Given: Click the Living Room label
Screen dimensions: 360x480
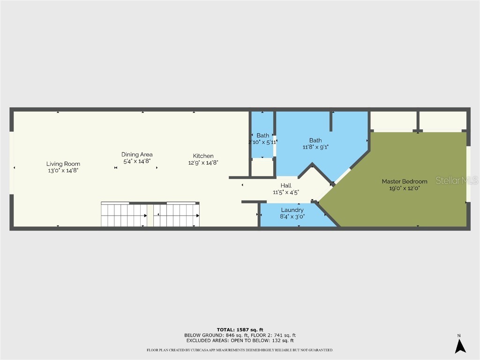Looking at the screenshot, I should tap(63, 164).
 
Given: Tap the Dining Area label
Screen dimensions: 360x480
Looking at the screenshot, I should tap(137, 154).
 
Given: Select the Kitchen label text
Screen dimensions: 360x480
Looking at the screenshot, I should tap(203, 156).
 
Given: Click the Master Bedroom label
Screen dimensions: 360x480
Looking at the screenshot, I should tap(404, 181).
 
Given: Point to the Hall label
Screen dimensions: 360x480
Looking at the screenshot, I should tap(286, 186).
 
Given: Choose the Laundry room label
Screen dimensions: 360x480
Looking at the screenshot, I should tap(292, 210).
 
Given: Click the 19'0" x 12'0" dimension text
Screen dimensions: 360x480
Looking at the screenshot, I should tap(404, 188).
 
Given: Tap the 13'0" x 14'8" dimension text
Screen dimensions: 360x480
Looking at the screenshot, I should tap(63, 171).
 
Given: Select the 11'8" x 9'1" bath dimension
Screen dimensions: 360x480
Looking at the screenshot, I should tap(315, 147).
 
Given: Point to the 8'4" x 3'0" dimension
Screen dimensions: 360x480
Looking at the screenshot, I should tap(292, 217).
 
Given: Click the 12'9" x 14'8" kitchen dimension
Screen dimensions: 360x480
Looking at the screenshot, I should tap(203, 163).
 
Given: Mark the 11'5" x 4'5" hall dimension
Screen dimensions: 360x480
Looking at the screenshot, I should tap(286, 192).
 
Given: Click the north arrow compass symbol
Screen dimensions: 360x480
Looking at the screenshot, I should tap(460, 345).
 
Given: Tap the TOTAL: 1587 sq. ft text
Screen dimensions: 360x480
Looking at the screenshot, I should tap(240, 330).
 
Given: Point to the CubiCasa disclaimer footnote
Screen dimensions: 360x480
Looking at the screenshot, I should tap(240, 350).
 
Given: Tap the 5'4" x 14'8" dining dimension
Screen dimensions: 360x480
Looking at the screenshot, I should tap(137, 161).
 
